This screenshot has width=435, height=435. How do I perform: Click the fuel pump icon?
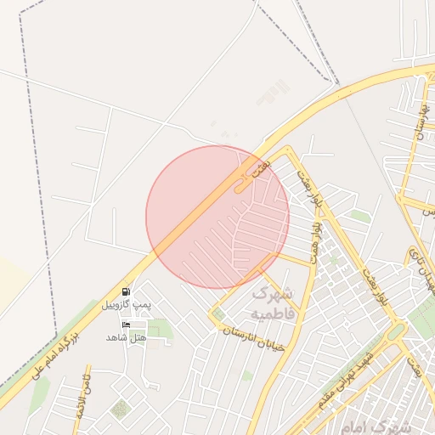tap(126, 291)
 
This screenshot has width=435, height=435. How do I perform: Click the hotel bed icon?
tap(127, 325)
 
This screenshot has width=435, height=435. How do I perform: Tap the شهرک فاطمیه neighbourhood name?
tap(272, 303)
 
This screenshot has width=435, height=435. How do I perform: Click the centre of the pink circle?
tap(217, 217)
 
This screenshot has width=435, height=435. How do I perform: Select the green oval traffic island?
tap(397, 330)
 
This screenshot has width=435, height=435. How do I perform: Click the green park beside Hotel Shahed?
tap(159, 328)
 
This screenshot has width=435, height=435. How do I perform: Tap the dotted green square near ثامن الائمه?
tap(120, 410)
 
